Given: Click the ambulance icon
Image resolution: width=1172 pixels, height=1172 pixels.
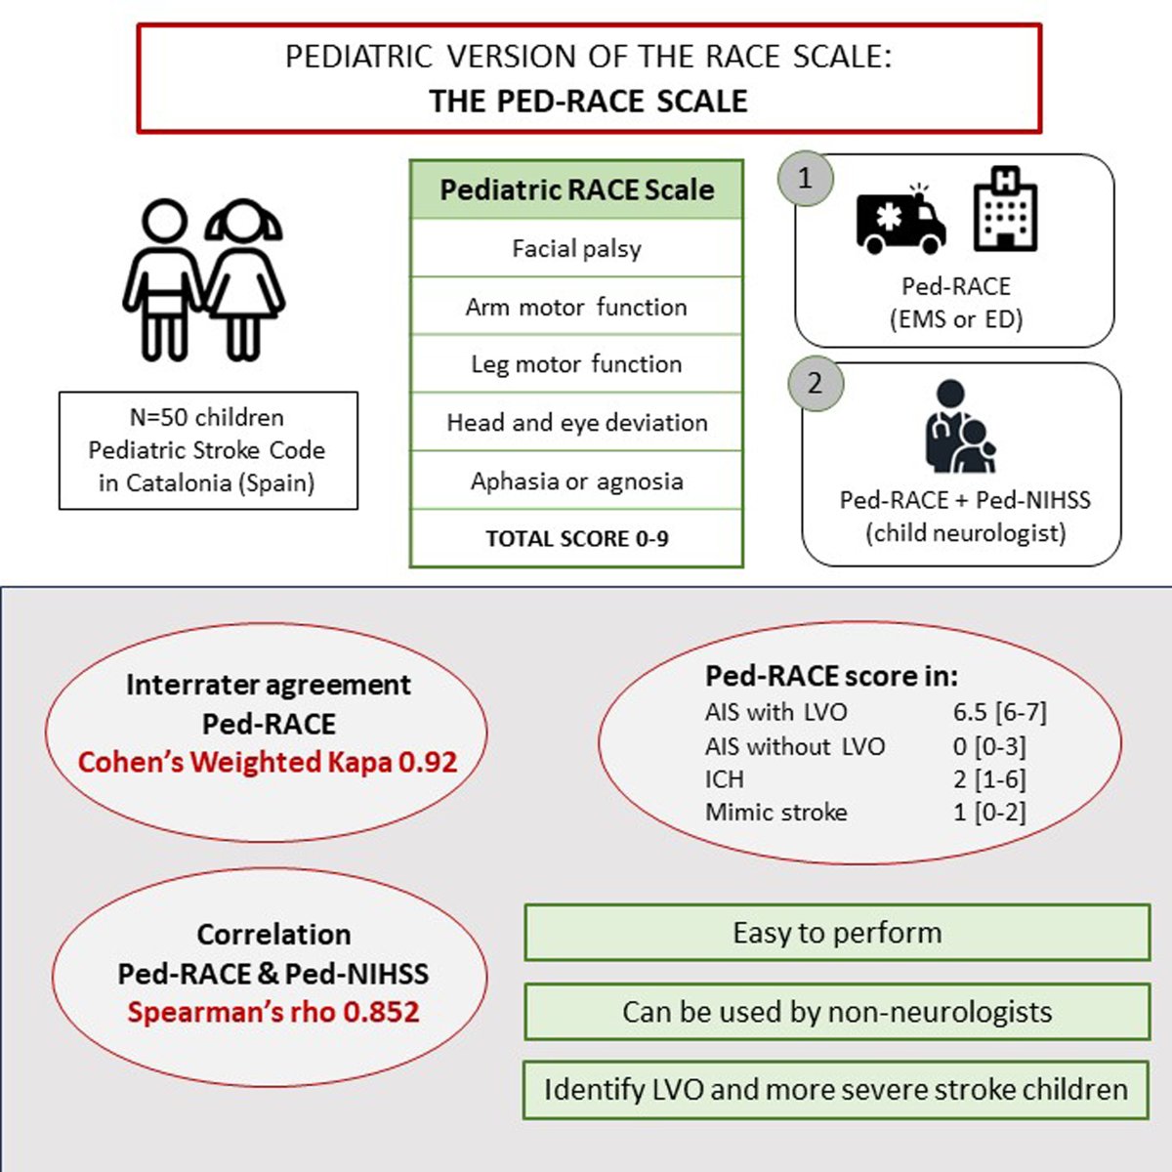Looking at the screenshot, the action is click(x=900, y=219).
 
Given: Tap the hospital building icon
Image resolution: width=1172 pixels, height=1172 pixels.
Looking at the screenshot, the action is click(x=1005, y=208).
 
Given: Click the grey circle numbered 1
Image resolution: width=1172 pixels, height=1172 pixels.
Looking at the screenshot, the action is click(x=805, y=178).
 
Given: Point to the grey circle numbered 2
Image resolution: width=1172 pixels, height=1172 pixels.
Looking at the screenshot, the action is click(x=815, y=382).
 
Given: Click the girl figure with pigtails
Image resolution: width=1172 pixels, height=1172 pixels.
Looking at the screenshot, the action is click(x=243, y=279).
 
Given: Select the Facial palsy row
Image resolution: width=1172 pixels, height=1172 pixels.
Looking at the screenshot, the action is click(x=576, y=248).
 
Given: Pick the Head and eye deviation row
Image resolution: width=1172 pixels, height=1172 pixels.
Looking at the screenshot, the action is click(x=576, y=422).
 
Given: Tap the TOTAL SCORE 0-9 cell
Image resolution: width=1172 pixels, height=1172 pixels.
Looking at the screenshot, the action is click(x=576, y=538).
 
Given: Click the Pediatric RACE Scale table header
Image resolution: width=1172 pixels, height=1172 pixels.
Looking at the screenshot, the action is click(x=576, y=189).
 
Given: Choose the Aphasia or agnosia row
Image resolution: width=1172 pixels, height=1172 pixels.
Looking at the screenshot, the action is click(x=576, y=481).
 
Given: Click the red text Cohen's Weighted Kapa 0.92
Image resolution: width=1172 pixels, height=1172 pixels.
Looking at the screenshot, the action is click(x=268, y=762).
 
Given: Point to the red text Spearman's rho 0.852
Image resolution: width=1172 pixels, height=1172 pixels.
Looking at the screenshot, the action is click(x=272, y=1012).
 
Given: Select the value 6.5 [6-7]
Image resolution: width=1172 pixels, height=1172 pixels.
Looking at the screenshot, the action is click(x=999, y=712).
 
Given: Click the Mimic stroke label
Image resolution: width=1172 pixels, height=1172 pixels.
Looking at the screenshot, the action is click(x=775, y=812).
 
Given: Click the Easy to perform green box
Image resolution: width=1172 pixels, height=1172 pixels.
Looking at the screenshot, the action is click(x=837, y=933).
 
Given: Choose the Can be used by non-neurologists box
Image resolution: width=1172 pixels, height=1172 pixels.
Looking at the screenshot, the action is click(x=837, y=1011).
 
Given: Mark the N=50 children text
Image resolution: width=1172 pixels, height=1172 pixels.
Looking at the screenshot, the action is click(x=207, y=417).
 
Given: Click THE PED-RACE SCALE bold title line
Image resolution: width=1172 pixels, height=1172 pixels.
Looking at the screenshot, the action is click(x=588, y=101).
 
